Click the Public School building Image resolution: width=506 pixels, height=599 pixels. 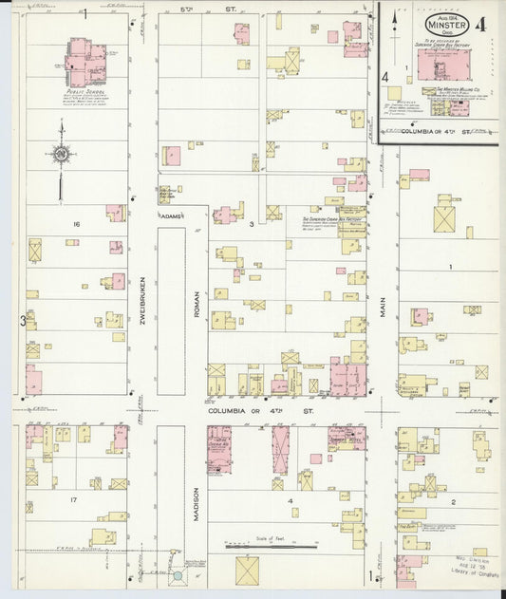91,63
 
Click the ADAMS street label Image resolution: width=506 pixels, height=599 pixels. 171,216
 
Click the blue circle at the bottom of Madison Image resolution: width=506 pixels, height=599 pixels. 178,576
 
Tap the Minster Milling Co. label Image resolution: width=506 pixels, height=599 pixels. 457,88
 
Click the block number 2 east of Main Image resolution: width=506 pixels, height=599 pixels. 454,500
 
